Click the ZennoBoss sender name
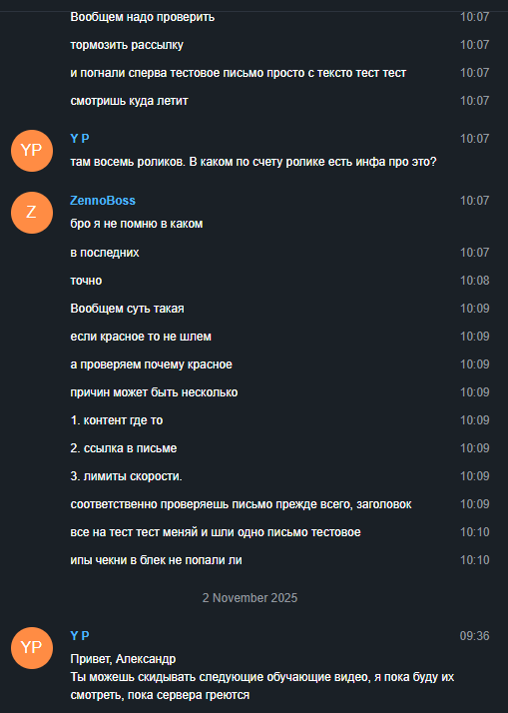103,201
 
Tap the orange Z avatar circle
31,213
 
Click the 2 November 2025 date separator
250,597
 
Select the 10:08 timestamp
474,280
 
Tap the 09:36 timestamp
474,636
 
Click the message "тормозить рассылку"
127,45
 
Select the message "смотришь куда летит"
129,101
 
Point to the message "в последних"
105,253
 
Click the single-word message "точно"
86,281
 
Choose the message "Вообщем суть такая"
127,309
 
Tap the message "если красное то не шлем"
141,337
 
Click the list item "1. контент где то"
117,420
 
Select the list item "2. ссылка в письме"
124,448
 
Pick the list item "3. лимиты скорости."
127,476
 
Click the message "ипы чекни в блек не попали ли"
157,560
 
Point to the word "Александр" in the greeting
146,659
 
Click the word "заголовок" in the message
384,504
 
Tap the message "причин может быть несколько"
154,392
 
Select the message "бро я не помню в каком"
137,224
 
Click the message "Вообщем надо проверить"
143,17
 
